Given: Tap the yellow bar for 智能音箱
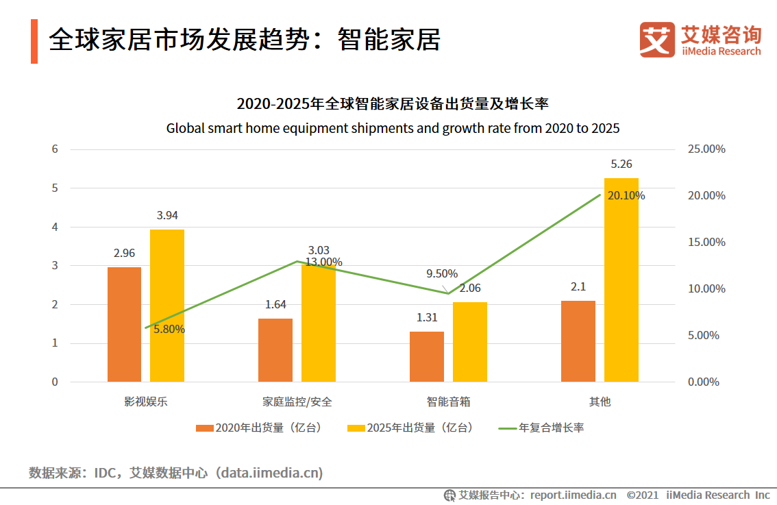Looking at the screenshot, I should [x=469, y=342].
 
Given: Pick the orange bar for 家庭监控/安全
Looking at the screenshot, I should [x=275, y=350].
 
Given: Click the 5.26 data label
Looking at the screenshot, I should [x=621, y=164].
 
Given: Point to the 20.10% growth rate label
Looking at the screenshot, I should [x=626, y=195].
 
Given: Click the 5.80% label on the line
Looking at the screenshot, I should [x=169, y=329].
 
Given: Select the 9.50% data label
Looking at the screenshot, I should [x=442, y=273].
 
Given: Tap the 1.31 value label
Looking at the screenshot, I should [x=426, y=317].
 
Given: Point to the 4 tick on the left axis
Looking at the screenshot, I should [x=55, y=227].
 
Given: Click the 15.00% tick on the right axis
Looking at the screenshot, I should [x=706, y=242].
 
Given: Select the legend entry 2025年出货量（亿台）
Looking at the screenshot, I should [x=411, y=428].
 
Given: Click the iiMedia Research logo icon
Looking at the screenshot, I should [x=656, y=40].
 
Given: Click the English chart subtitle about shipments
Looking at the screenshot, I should [x=393, y=128].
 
